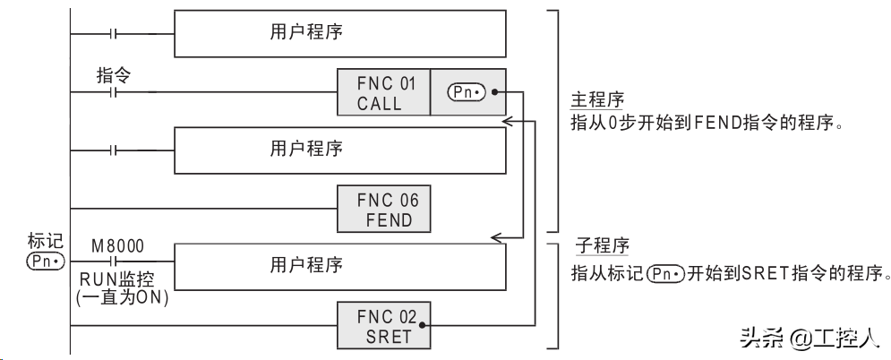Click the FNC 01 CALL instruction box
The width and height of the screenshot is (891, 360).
tap(383, 93)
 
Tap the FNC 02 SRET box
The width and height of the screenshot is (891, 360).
tap(383, 326)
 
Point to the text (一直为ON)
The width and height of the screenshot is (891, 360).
tap(123, 297)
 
